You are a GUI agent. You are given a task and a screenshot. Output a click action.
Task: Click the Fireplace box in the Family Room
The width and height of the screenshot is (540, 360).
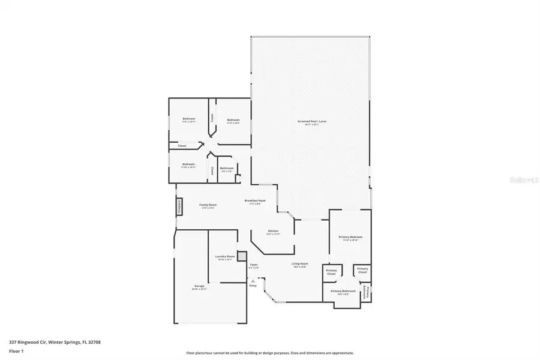(179, 206)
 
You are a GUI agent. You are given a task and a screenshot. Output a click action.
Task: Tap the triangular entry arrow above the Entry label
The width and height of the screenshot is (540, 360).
(253, 280)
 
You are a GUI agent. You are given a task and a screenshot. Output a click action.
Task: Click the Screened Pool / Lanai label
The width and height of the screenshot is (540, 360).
(311, 122)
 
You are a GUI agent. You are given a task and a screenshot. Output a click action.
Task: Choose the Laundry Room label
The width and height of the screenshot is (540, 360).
(224, 258)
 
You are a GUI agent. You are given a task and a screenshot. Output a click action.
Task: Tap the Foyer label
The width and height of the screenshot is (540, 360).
(254, 265)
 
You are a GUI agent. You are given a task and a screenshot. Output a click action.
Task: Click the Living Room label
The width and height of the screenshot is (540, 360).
(299, 265)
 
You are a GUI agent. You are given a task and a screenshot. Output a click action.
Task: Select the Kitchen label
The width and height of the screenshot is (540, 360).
(273, 232)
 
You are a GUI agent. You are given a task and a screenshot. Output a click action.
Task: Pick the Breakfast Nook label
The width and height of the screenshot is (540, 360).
(255, 202)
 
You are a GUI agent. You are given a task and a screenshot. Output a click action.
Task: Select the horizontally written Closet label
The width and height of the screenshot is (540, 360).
(182, 146)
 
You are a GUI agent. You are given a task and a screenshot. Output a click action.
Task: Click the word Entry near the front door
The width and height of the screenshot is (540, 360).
(253, 286)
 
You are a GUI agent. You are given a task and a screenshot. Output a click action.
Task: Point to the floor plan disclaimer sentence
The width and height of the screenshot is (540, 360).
(270, 353)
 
